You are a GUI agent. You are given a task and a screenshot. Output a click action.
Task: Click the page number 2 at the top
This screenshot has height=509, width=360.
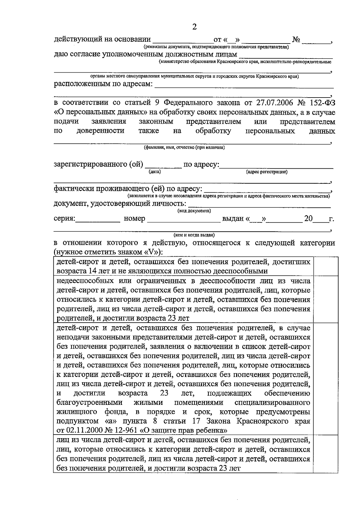[x=194, y=27]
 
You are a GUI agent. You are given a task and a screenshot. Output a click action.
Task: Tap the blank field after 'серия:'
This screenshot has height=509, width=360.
[x=97, y=219]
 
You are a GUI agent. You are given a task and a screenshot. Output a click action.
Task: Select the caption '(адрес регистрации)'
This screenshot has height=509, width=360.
[x=266, y=172]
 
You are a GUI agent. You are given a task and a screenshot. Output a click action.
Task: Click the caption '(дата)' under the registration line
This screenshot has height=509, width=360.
[x=155, y=172]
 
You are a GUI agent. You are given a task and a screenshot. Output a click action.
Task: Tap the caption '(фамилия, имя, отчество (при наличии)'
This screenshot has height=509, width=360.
[x=184, y=147]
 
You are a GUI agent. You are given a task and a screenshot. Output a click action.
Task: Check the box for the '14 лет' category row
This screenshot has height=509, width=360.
[x=324, y=266]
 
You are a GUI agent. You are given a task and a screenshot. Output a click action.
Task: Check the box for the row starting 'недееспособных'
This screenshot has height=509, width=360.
[x=324, y=300]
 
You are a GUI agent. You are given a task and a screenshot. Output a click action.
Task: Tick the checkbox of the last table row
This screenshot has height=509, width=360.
[x=324, y=454]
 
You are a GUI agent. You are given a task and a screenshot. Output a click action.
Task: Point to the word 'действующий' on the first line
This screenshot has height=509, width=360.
[x=76, y=39]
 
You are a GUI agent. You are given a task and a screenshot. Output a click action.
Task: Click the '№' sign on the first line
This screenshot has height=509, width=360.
[x=296, y=40]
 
